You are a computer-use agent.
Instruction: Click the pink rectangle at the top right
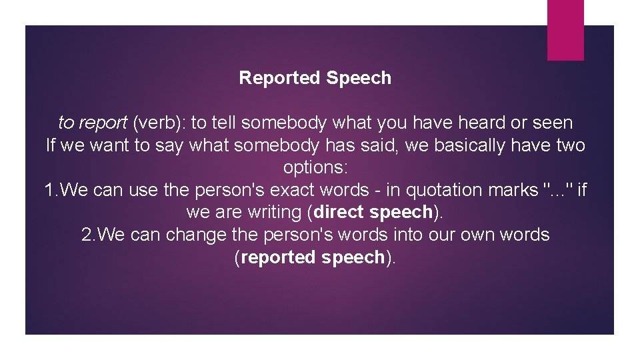point(565,30)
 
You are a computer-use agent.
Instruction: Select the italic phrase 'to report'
point(93,123)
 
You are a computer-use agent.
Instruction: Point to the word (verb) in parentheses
point(159,123)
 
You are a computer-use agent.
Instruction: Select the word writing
point(279,213)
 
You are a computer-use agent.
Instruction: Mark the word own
point(472,235)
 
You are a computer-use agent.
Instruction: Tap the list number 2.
point(87,235)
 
